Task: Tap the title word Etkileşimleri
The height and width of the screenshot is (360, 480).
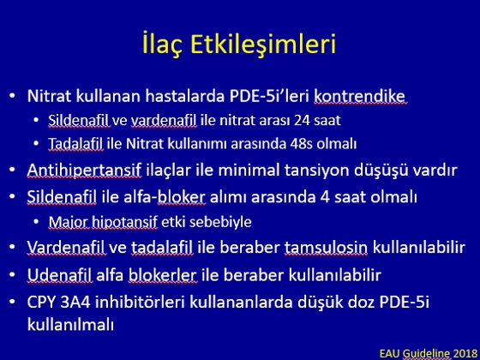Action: pos(263,44)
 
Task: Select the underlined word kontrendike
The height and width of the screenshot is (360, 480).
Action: pos(360,96)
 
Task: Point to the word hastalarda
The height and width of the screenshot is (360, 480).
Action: pos(185,96)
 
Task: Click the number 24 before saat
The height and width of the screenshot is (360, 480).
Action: pos(303,121)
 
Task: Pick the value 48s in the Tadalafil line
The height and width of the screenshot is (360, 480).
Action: pos(301,144)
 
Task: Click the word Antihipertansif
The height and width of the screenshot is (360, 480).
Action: pos(84,171)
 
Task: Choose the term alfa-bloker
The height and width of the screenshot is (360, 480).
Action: pos(164,197)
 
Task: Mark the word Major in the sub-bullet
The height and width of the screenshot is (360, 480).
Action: pos(68,222)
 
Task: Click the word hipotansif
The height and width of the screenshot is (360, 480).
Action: pos(124,222)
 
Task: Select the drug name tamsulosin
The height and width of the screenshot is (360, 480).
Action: pos(326,248)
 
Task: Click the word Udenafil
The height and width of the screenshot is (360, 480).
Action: pos(59,275)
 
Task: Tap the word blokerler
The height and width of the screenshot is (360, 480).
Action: pos(162,275)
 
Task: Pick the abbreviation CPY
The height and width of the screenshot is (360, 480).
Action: pos(42,302)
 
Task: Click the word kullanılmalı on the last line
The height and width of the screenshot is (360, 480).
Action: pos(70,324)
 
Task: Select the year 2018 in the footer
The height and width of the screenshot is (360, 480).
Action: pos(465,353)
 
